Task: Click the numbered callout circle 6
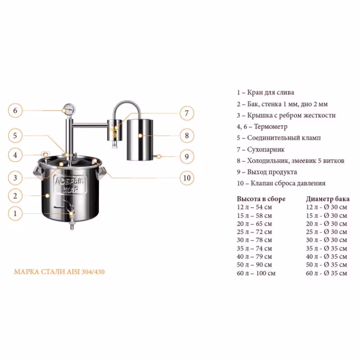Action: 15,110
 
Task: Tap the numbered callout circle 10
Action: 187,178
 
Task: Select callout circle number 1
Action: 15,213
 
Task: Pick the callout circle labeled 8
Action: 187,135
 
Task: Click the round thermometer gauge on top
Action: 69,109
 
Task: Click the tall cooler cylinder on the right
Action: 140,139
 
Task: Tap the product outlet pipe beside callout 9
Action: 156,157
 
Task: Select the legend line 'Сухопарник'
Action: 261,149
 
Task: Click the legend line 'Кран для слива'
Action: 265,92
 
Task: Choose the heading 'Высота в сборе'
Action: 261,199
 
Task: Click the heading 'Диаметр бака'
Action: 328,199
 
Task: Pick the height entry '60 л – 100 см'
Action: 256,273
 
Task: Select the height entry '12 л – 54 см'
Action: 254,207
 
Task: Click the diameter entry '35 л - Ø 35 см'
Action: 326,248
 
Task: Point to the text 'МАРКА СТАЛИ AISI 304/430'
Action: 59,272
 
